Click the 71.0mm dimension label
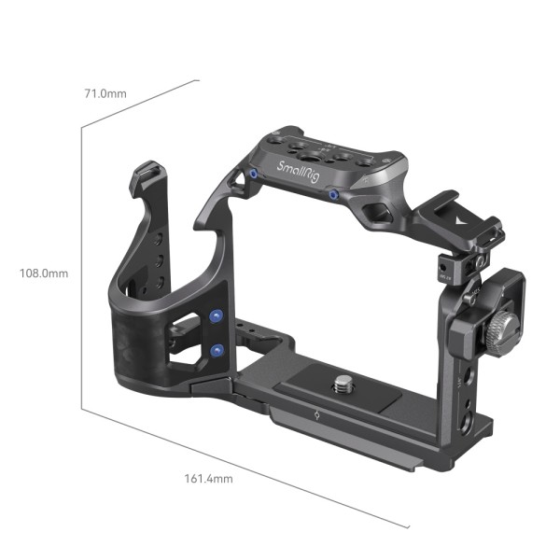point(105,94)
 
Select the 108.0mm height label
point(44,273)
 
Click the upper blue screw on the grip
point(217,317)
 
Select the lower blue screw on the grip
point(217,350)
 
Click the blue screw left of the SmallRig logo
point(253,175)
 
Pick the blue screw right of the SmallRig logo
point(333,193)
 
